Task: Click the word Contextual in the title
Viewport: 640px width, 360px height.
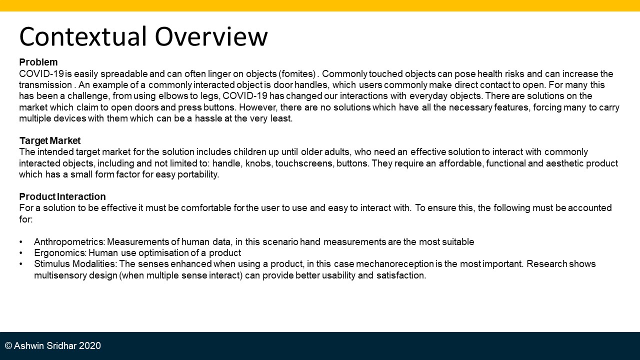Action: pos(83,36)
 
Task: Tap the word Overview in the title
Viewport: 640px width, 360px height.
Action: pos(211,36)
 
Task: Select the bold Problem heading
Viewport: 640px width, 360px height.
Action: pos(38,62)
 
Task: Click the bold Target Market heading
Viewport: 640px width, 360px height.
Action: pos(50,140)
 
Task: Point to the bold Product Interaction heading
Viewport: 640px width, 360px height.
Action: pos(62,196)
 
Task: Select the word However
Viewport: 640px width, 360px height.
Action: pos(258,107)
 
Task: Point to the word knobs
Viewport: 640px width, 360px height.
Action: pos(258,163)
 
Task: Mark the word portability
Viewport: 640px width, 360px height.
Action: pos(198,174)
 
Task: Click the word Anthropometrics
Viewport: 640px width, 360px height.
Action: pos(69,242)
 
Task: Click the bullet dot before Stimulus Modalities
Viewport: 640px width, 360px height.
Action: pos(21,264)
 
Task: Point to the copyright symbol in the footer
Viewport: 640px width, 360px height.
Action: pos(8,345)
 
